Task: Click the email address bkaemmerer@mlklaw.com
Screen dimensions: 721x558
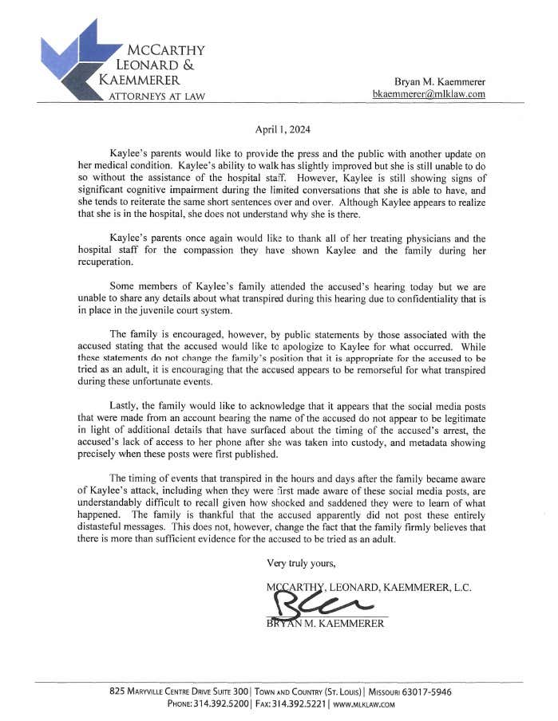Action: (x=429, y=94)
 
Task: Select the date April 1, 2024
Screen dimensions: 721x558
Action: (x=283, y=129)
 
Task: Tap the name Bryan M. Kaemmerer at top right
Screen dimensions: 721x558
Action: (x=440, y=81)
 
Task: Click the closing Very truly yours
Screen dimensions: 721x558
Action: (x=301, y=563)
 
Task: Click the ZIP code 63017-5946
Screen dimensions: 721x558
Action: (x=426, y=691)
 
